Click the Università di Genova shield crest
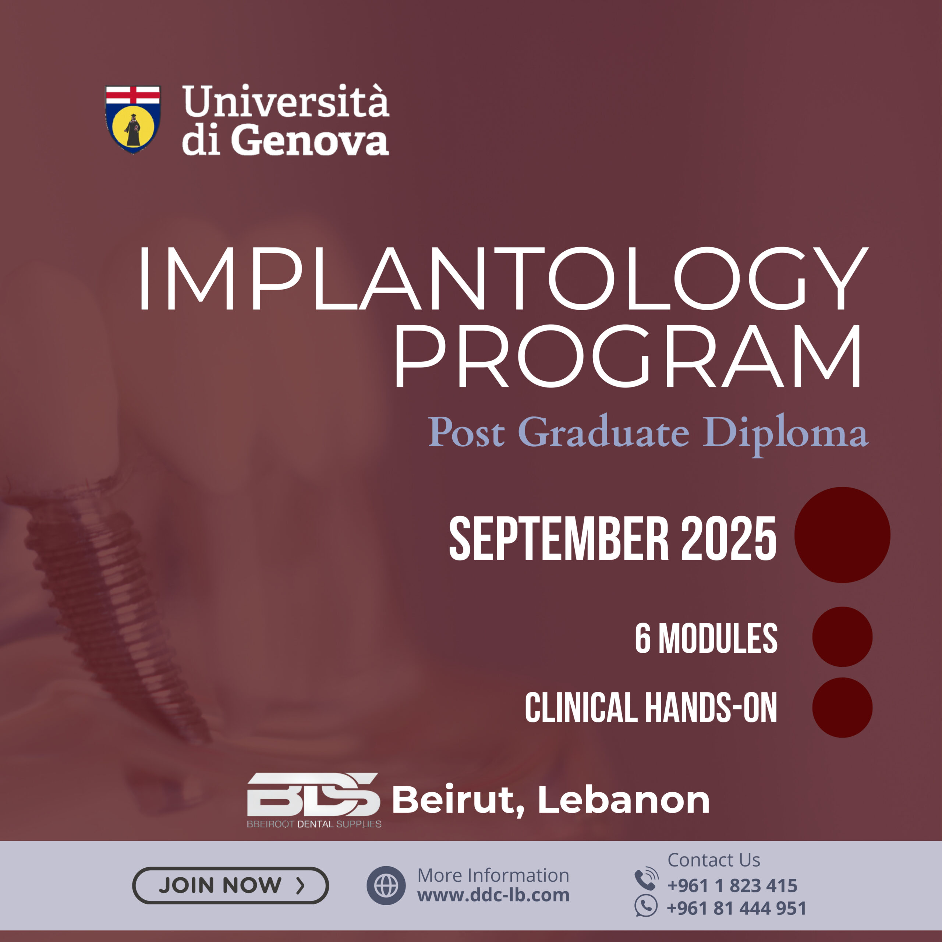pyautogui.click(x=132, y=120)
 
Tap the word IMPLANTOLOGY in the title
pyautogui.click(x=502, y=279)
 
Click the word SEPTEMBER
pyautogui.click(x=559, y=539)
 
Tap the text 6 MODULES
pyautogui.click(x=706, y=638)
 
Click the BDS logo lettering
pyautogui.click(x=314, y=794)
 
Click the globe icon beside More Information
pyautogui.click(x=386, y=885)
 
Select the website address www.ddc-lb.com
pyautogui.click(x=493, y=895)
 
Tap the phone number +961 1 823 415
pyautogui.click(x=732, y=885)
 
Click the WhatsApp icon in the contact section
pyautogui.click(x=646, y=907)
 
